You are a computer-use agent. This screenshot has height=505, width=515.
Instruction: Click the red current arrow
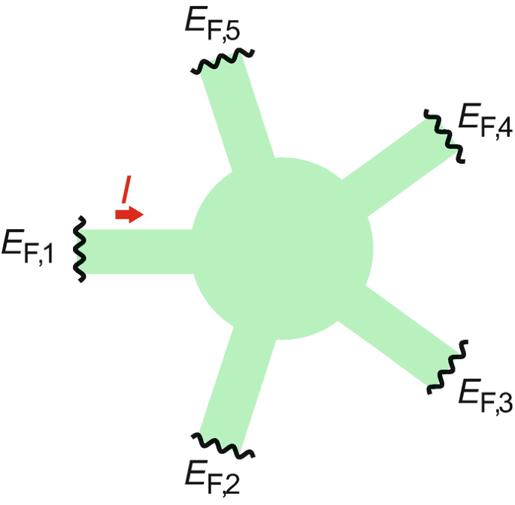coord(129,214)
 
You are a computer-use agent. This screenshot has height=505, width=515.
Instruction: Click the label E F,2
coord(212,473)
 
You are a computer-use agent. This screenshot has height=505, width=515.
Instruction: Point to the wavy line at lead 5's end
coord(223,60)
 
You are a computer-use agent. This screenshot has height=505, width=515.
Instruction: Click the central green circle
coord(283,248)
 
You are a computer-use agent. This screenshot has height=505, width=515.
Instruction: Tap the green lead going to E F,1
coord(139,250)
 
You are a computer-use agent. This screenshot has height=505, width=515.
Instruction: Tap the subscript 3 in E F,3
coord(503,404)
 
